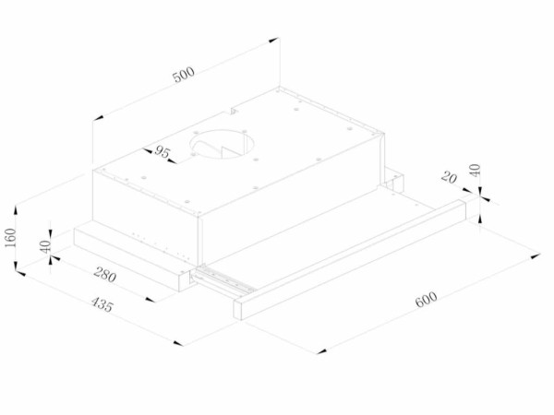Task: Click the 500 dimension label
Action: tap(186, 77)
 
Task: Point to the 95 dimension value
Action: tap(161, 152)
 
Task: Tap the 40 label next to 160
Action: tap(42, 246)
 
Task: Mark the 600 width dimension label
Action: tap(427, 301)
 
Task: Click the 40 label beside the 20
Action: tap(476, 171)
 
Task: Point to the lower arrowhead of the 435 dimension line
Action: tap(178, 342)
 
